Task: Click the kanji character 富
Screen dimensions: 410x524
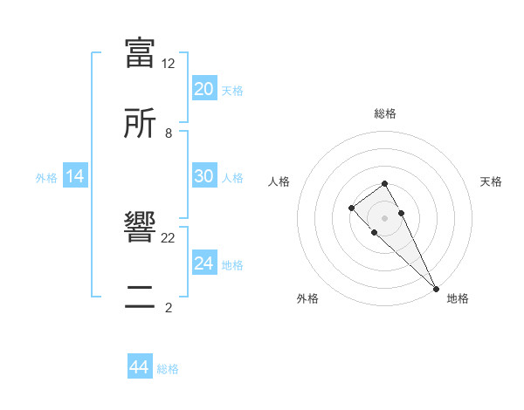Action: (141, 52)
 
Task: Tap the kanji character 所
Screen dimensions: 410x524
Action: (141, 123)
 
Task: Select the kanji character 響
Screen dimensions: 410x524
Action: (141, 229)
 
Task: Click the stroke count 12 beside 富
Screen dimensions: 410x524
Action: (169, 64)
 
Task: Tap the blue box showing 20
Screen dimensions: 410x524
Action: (203, 89)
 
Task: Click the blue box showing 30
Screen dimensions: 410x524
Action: (203, 176)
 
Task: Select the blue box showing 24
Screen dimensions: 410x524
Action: (203, 263)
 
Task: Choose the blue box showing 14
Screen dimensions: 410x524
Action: (75, 176)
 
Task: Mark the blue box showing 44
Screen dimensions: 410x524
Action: (139, 367)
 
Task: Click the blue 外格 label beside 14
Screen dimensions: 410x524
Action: (46, 177)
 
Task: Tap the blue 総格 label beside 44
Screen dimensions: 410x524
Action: (168, 368)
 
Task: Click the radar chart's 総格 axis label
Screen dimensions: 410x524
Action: (385, 113)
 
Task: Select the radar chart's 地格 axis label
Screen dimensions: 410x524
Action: (458, 298)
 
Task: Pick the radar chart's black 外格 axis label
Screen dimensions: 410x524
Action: (307, 298)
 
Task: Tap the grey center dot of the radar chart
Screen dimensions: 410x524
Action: (384, 218)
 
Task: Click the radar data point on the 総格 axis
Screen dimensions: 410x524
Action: (384, 183)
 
